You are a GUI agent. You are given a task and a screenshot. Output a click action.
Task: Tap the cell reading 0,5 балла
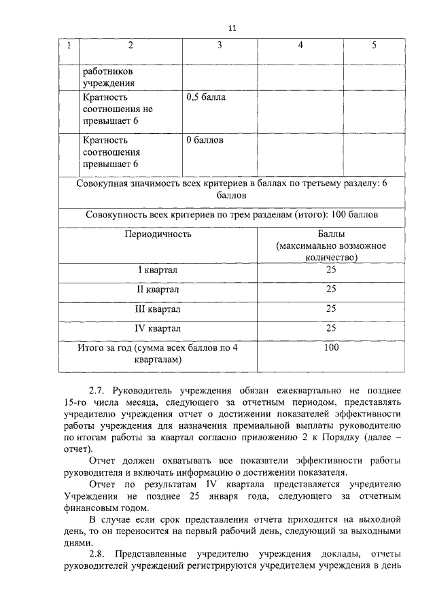click(x=205, y=97)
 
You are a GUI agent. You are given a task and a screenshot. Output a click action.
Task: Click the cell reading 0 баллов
click(x=205, y=141)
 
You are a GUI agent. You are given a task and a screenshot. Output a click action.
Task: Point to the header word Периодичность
click(x=158, y=234)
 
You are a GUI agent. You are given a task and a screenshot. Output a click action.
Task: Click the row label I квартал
click(x=158, y=270)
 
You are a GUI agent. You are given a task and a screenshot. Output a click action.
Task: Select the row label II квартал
click(x=158, y=289)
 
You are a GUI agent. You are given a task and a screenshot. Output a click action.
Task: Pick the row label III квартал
click(x=158, y=309)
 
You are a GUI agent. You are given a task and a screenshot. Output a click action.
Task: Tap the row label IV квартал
click(x=158, y=329)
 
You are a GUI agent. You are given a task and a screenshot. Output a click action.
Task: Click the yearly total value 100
click(x=331, y=348)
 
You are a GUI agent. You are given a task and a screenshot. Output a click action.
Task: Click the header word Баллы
click(x=331, y=234)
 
